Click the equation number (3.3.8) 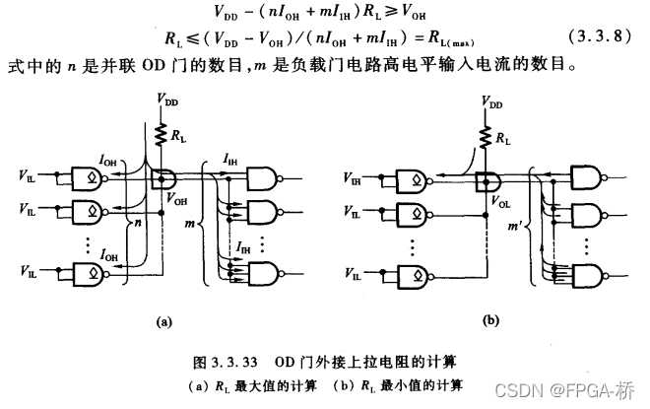coord(597,38)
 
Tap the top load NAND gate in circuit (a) coord(262,177)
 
